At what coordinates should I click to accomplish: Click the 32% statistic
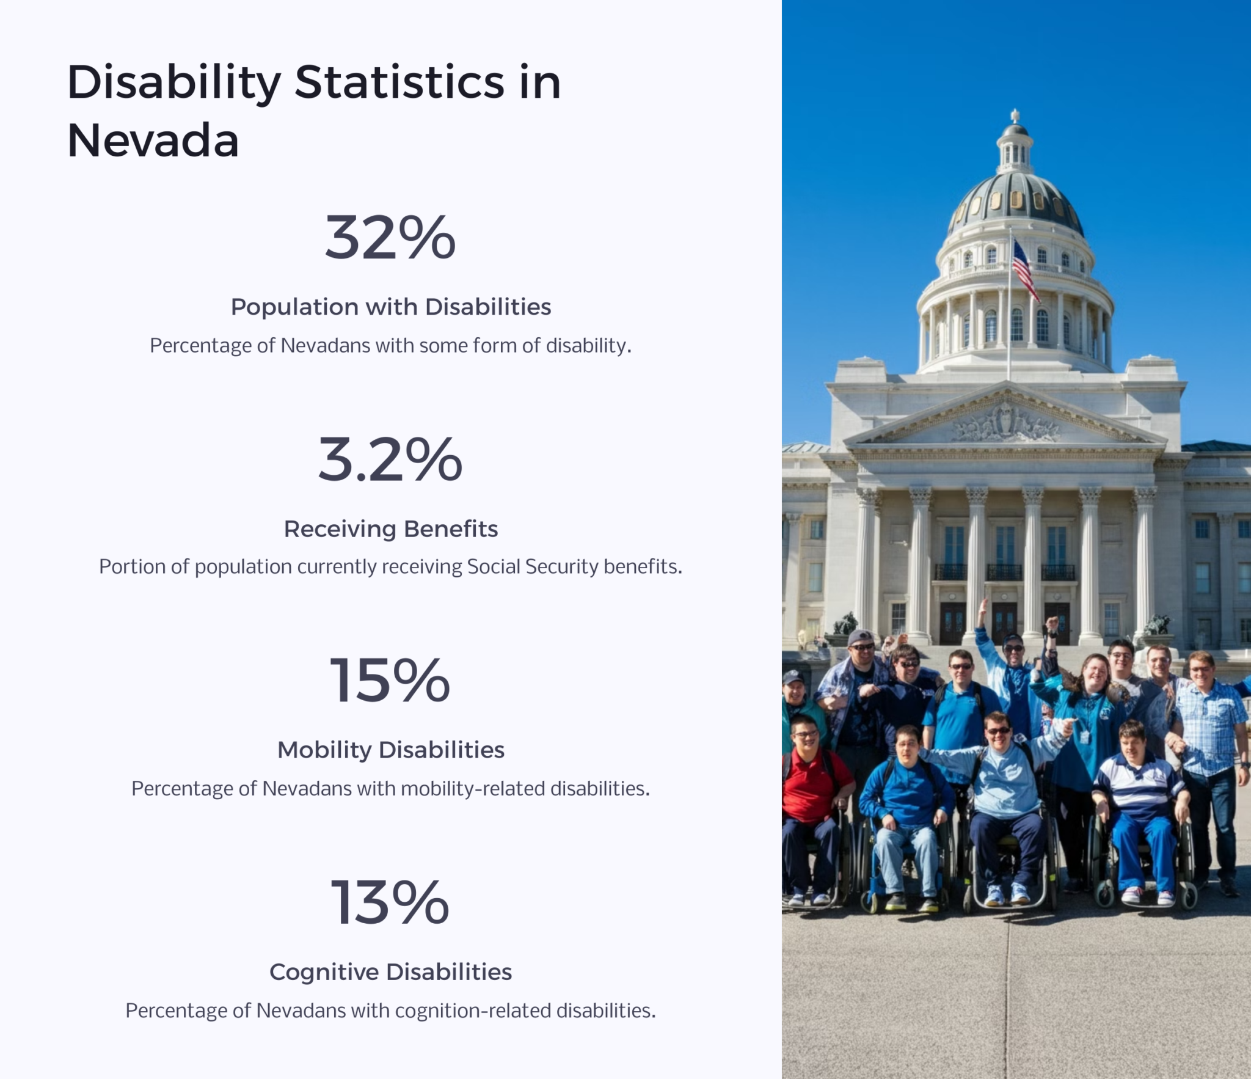(x=390, y=238)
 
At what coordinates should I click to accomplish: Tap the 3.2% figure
(x=390, y=459)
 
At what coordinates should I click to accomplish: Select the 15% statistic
(x=390, y=681)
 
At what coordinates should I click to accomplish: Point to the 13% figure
(x=390, y=902)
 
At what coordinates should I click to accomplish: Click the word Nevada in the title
(x=153, y=141)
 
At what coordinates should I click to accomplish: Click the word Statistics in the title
(x=399, y=82)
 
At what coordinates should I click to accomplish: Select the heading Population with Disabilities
(x=390, y=307)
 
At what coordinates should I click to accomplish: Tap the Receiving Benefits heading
(x=390, y=529)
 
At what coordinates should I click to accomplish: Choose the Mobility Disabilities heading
(x=390, y=750)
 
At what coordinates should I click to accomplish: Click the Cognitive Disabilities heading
(x=390, y=971)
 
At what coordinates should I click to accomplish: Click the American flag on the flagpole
(x=1024, y=269)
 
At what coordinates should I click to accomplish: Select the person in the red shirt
(x=809, y=788)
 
